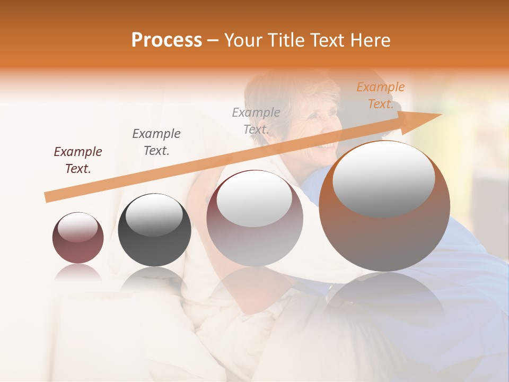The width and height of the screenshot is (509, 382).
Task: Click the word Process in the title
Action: click(166, 40)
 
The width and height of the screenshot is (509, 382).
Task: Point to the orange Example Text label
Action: click(380, 95)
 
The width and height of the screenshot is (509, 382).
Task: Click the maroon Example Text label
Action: click(77, 160)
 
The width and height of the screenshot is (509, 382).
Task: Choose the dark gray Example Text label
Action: click(156, 142)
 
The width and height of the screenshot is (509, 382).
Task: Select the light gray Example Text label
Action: click(256, 120)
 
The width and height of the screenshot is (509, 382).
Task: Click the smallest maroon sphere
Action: click(78, 238)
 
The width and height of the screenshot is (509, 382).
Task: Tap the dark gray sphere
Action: click(154, 230)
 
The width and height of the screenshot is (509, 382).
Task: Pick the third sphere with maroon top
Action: click(254, 218)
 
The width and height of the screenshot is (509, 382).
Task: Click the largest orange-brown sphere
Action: click(384, 206)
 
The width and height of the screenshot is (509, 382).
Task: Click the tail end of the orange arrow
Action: click(47, 198)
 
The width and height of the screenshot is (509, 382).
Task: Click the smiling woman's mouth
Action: click(329, 144)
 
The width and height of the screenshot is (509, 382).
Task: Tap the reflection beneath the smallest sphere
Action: click(78, 273)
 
